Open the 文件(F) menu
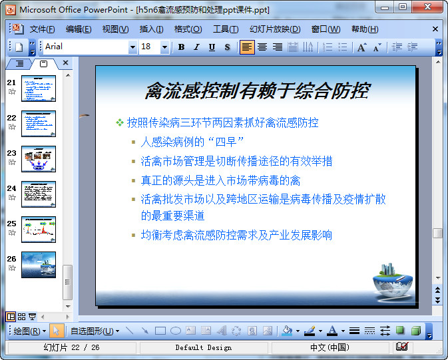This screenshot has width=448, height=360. pyautogui.click(x=42, y=29)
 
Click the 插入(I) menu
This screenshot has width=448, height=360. pyautogui.click(x=151, y=29)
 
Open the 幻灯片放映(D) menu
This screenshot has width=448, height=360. pyautogui.click(x=275, y=29)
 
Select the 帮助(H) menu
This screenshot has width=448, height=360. pyautogui.click(x=365, y=29)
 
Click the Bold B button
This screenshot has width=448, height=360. pyautogui.click(x=181, y=47)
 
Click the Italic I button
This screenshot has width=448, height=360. pyautogui.click(x=196, y=47)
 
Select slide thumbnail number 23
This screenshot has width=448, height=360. pyautogui.click(x=39, y=159)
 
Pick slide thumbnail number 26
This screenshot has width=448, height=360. pyautogui.click(x=39, y=264)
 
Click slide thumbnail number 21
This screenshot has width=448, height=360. pyautogui.click(x=39, y=89)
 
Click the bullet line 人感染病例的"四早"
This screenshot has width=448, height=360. pyautogui.click(x=192, y=142)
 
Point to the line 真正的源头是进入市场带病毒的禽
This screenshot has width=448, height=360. pyautogui.click(x=220, y=180)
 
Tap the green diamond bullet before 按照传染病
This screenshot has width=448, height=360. pyautogui.click(x=120, y=122)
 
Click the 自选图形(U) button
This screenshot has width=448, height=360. pyautogui.click(x=95, y=331)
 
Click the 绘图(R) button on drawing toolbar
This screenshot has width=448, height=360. pyautogui.click(x=30, y=331)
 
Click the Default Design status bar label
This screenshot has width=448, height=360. pyautogui.click(x=203, y=347)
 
